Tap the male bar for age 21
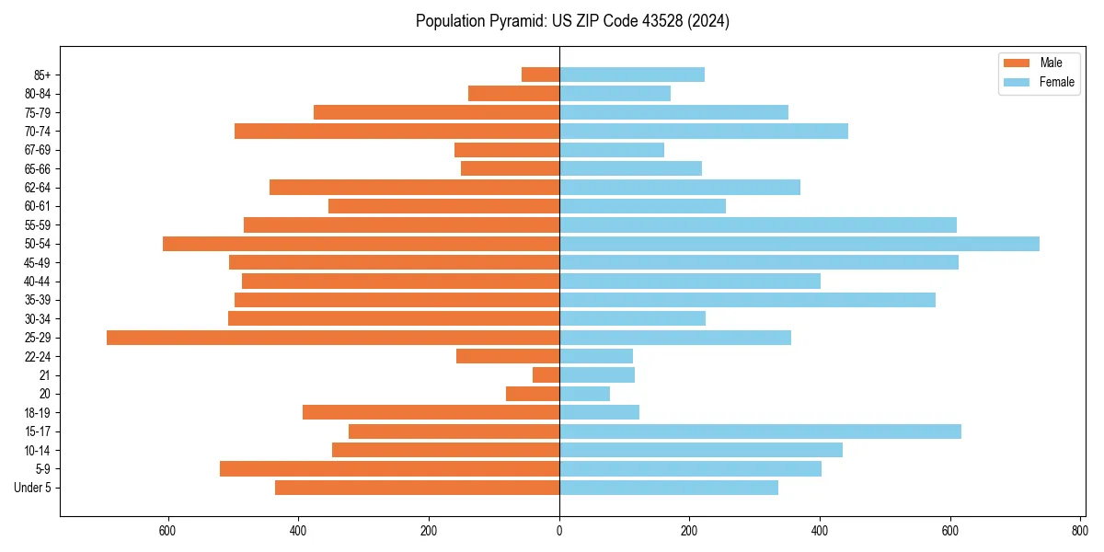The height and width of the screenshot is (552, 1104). [x=546, y=375]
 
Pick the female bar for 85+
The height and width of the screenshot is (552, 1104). [x=632, y=75]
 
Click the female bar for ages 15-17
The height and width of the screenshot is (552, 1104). [x=760, y=431]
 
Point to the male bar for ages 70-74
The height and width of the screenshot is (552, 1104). [x=397, y=131]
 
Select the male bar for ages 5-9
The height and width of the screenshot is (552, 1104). [x=389, y=469]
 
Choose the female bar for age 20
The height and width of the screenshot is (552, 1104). [x=584, y=394]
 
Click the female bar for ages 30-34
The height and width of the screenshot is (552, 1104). [x=632, y=318]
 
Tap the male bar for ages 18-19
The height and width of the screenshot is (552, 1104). [x=431, y=412]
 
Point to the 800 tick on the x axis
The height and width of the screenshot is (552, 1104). [x=1081, y=531]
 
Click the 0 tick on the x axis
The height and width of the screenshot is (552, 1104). [x=559, y=531]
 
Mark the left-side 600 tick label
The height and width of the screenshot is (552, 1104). [x=167, y=531]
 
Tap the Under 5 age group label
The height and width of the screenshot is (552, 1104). [x=33, y=488]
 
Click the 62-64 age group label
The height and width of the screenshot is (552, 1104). [x=38, y=188]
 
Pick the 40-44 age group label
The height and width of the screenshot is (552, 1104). [x=38, y=282]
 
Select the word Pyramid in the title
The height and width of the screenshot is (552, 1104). [x=517, y=21]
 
